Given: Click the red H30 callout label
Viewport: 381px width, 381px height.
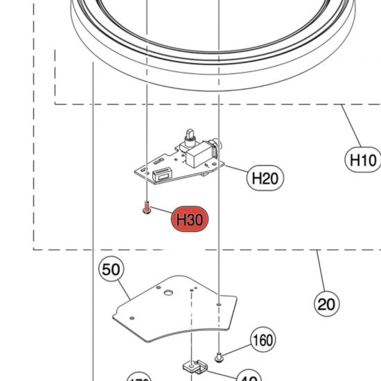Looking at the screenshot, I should [188, 220].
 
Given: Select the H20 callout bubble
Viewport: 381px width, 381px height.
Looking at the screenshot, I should [264, 178].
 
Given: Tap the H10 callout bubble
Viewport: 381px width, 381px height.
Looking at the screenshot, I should [362, 161].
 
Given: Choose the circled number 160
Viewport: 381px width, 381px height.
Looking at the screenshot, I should [261, 340].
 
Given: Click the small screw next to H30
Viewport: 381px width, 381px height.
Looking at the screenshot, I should [147, 209].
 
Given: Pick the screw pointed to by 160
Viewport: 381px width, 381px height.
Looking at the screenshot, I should [220, 356].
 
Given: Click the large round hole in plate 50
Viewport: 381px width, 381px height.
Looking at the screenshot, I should [167, 293].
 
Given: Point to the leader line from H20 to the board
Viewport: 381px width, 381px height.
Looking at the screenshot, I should [236, 169].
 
